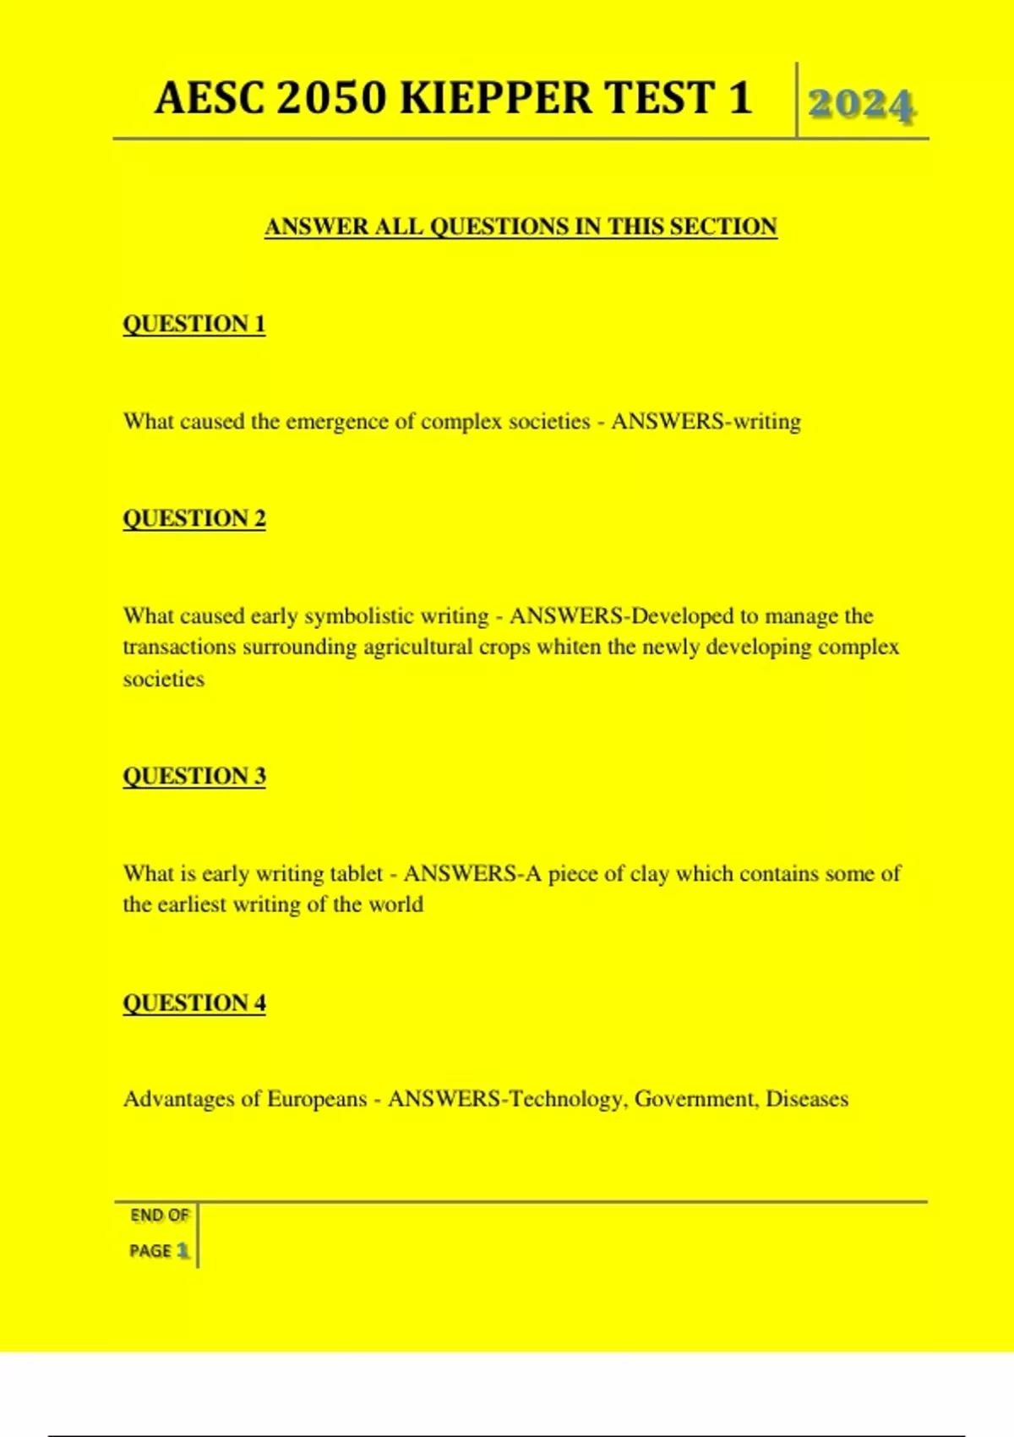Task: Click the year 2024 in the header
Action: (x=861, y=105)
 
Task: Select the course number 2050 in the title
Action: (x=330, y=98)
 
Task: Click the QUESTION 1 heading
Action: (x=194, y=324)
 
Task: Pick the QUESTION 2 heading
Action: (x=194, y=518)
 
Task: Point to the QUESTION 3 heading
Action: (x=194, y=776)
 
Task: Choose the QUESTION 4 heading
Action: (x=194, y=1003)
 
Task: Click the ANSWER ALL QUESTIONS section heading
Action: (x=521, y=227)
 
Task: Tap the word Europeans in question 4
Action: (x=317, y=1099)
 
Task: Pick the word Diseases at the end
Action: (x=807, y=1099)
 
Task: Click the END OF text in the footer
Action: (x=159, y=1216)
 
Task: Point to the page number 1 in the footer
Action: (x=183, y=1250)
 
